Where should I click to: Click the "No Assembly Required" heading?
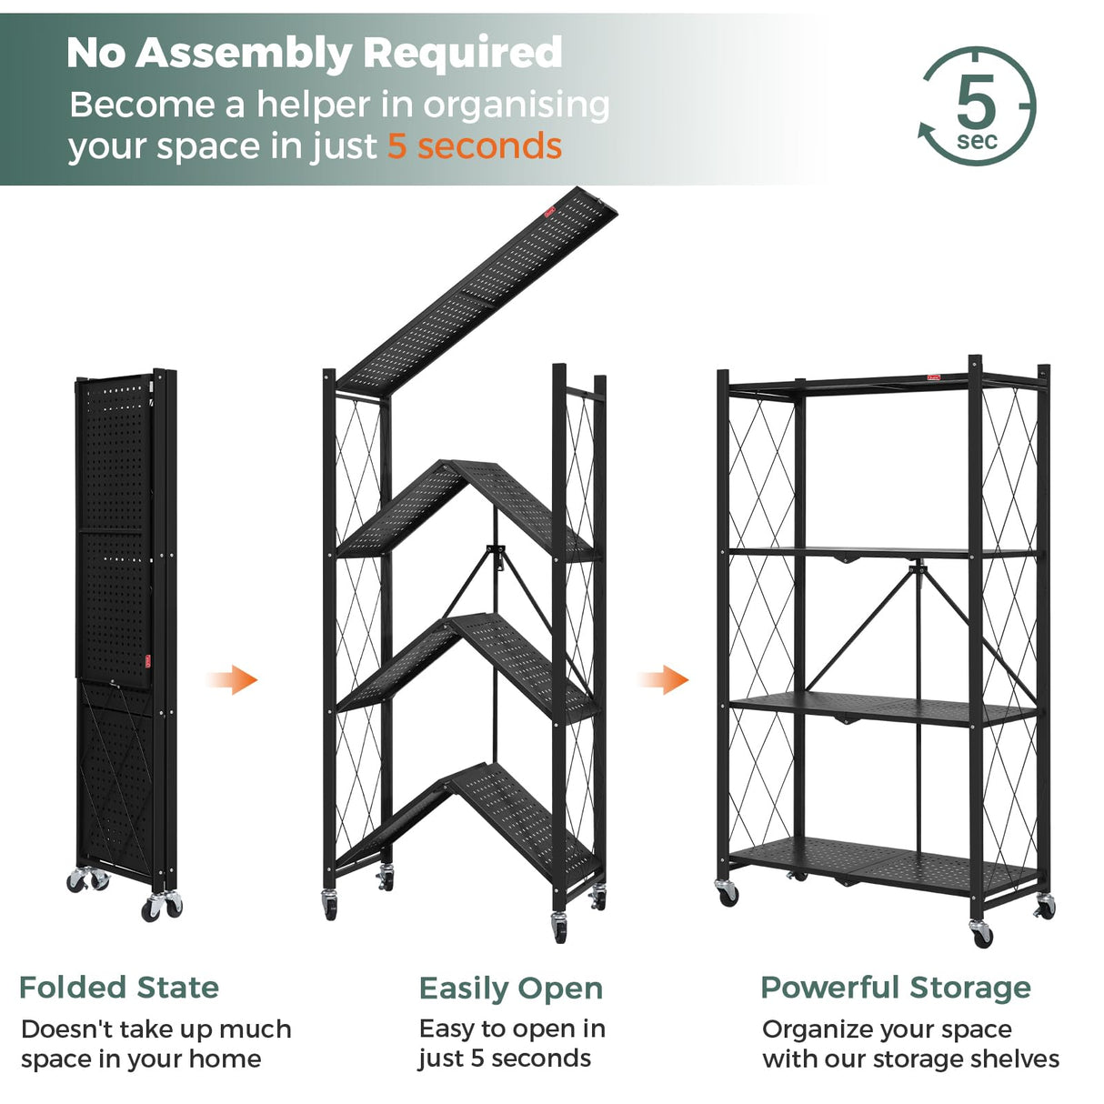(x=315, y=53)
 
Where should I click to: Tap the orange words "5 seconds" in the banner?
(x=475, y=146)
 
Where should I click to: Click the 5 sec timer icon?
(x=977, y=107)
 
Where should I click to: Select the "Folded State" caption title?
(x=119, y=988)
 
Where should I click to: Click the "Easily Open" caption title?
(x=510, y=989)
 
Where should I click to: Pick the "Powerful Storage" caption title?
(x=896, y=988)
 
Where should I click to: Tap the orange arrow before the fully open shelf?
(x=665, y=679)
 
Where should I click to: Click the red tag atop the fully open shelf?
(x=933, y=376)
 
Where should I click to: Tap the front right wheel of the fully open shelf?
(x=981, y=934)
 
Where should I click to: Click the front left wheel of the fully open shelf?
(x=728, y=893)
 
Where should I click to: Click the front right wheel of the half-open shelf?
(x=558, y=928)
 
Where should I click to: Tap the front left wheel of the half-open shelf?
(x=329, y=906)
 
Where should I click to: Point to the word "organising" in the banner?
(x=517, y=105)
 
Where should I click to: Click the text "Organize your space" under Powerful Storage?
(x=887, y=1029)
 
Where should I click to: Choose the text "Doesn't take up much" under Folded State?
(x=156, y=1029)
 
